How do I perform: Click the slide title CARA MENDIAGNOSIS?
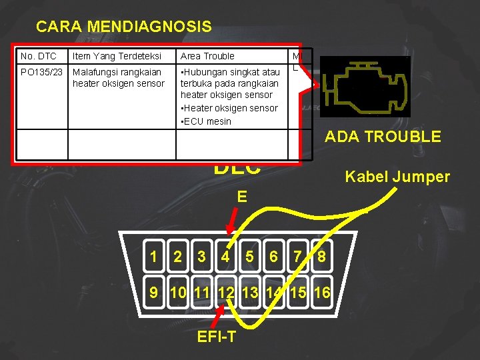click(124, 27)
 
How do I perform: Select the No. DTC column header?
click(39, 57)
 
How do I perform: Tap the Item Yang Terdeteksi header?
click(117, 57)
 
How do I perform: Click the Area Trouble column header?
click(207, 57)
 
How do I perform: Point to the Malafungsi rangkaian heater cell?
click(118, 77)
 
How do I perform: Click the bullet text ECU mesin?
click(207, 121)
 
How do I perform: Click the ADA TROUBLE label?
click(383, 137)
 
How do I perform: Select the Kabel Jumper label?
click(397, 177)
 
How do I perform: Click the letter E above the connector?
click(241, 197)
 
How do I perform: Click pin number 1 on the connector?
click(154, 257)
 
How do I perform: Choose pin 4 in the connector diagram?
click(226, 257)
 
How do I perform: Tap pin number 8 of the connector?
click(321, 257)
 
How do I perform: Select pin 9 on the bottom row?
click(154, 292)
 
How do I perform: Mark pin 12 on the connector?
click(225, 292)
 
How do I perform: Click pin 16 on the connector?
click(321, 292)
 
